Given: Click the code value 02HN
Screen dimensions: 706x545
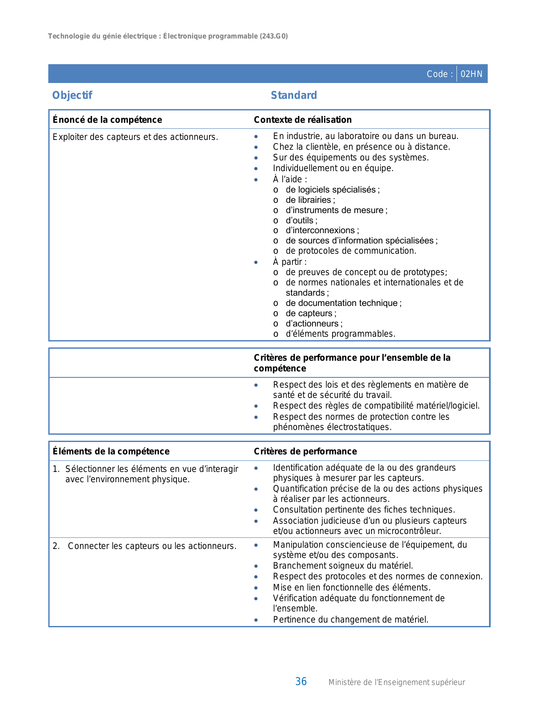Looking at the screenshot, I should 471,74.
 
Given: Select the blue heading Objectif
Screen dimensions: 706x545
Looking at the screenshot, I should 72,95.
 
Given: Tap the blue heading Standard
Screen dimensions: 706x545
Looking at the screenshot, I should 294,95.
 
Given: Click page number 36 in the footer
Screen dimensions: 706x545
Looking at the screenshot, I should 301,682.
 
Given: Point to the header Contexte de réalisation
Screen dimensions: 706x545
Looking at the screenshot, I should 303,120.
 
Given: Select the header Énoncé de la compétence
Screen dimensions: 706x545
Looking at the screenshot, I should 107,120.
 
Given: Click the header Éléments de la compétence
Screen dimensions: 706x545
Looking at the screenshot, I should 111,451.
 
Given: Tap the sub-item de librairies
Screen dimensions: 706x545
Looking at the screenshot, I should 309,200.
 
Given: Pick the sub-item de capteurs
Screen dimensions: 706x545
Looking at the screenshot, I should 310,313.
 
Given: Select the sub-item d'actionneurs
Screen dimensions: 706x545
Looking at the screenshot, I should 313,323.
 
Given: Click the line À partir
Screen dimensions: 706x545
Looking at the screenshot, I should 289,262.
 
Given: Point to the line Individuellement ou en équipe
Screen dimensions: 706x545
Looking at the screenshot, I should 333,168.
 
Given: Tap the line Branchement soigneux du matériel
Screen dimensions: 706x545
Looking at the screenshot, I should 343,566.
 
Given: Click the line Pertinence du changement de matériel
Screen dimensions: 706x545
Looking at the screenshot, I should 351,620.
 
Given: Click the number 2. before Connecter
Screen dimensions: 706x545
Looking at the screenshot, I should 56,546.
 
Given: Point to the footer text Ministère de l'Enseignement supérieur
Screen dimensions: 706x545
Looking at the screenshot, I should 396,682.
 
